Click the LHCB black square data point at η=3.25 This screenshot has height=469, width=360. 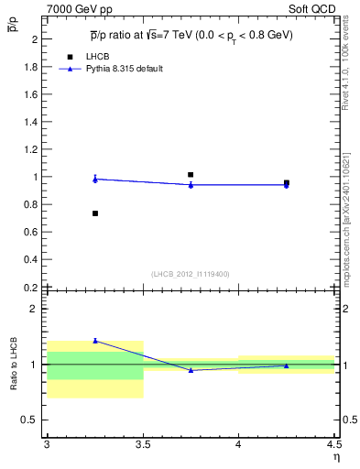95,213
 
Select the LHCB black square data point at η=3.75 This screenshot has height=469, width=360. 191,174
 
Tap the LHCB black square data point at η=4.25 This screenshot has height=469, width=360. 287,182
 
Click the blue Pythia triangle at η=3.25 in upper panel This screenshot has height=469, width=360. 95,180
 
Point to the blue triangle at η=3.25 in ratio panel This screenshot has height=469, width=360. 95,341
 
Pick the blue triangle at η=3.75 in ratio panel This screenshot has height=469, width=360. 191,370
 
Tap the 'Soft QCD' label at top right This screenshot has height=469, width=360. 313,8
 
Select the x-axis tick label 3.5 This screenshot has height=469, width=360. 143,445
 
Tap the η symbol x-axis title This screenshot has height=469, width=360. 335,457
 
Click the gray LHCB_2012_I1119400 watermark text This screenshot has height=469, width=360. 191,274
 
